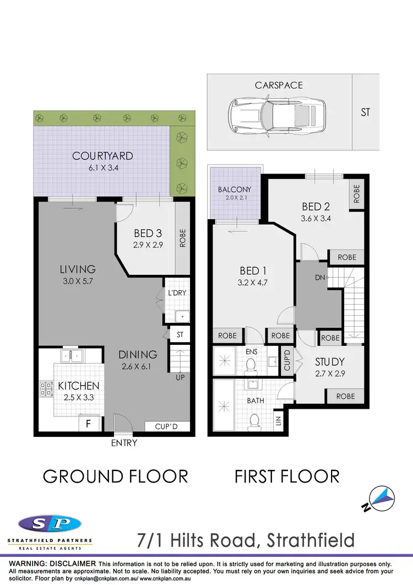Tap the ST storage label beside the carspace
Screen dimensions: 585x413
coord(365,112)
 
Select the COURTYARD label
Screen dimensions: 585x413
coord(102,156)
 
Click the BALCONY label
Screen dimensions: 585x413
coord(235,189)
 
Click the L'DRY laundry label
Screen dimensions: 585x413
coord(177,293)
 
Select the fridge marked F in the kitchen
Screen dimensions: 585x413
coord(88,424)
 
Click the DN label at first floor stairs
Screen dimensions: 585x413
coord(320,278)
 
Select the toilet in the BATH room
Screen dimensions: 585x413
coord(254,421)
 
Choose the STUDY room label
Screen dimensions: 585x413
coord(330,362)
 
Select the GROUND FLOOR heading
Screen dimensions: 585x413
coord(116,476)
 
